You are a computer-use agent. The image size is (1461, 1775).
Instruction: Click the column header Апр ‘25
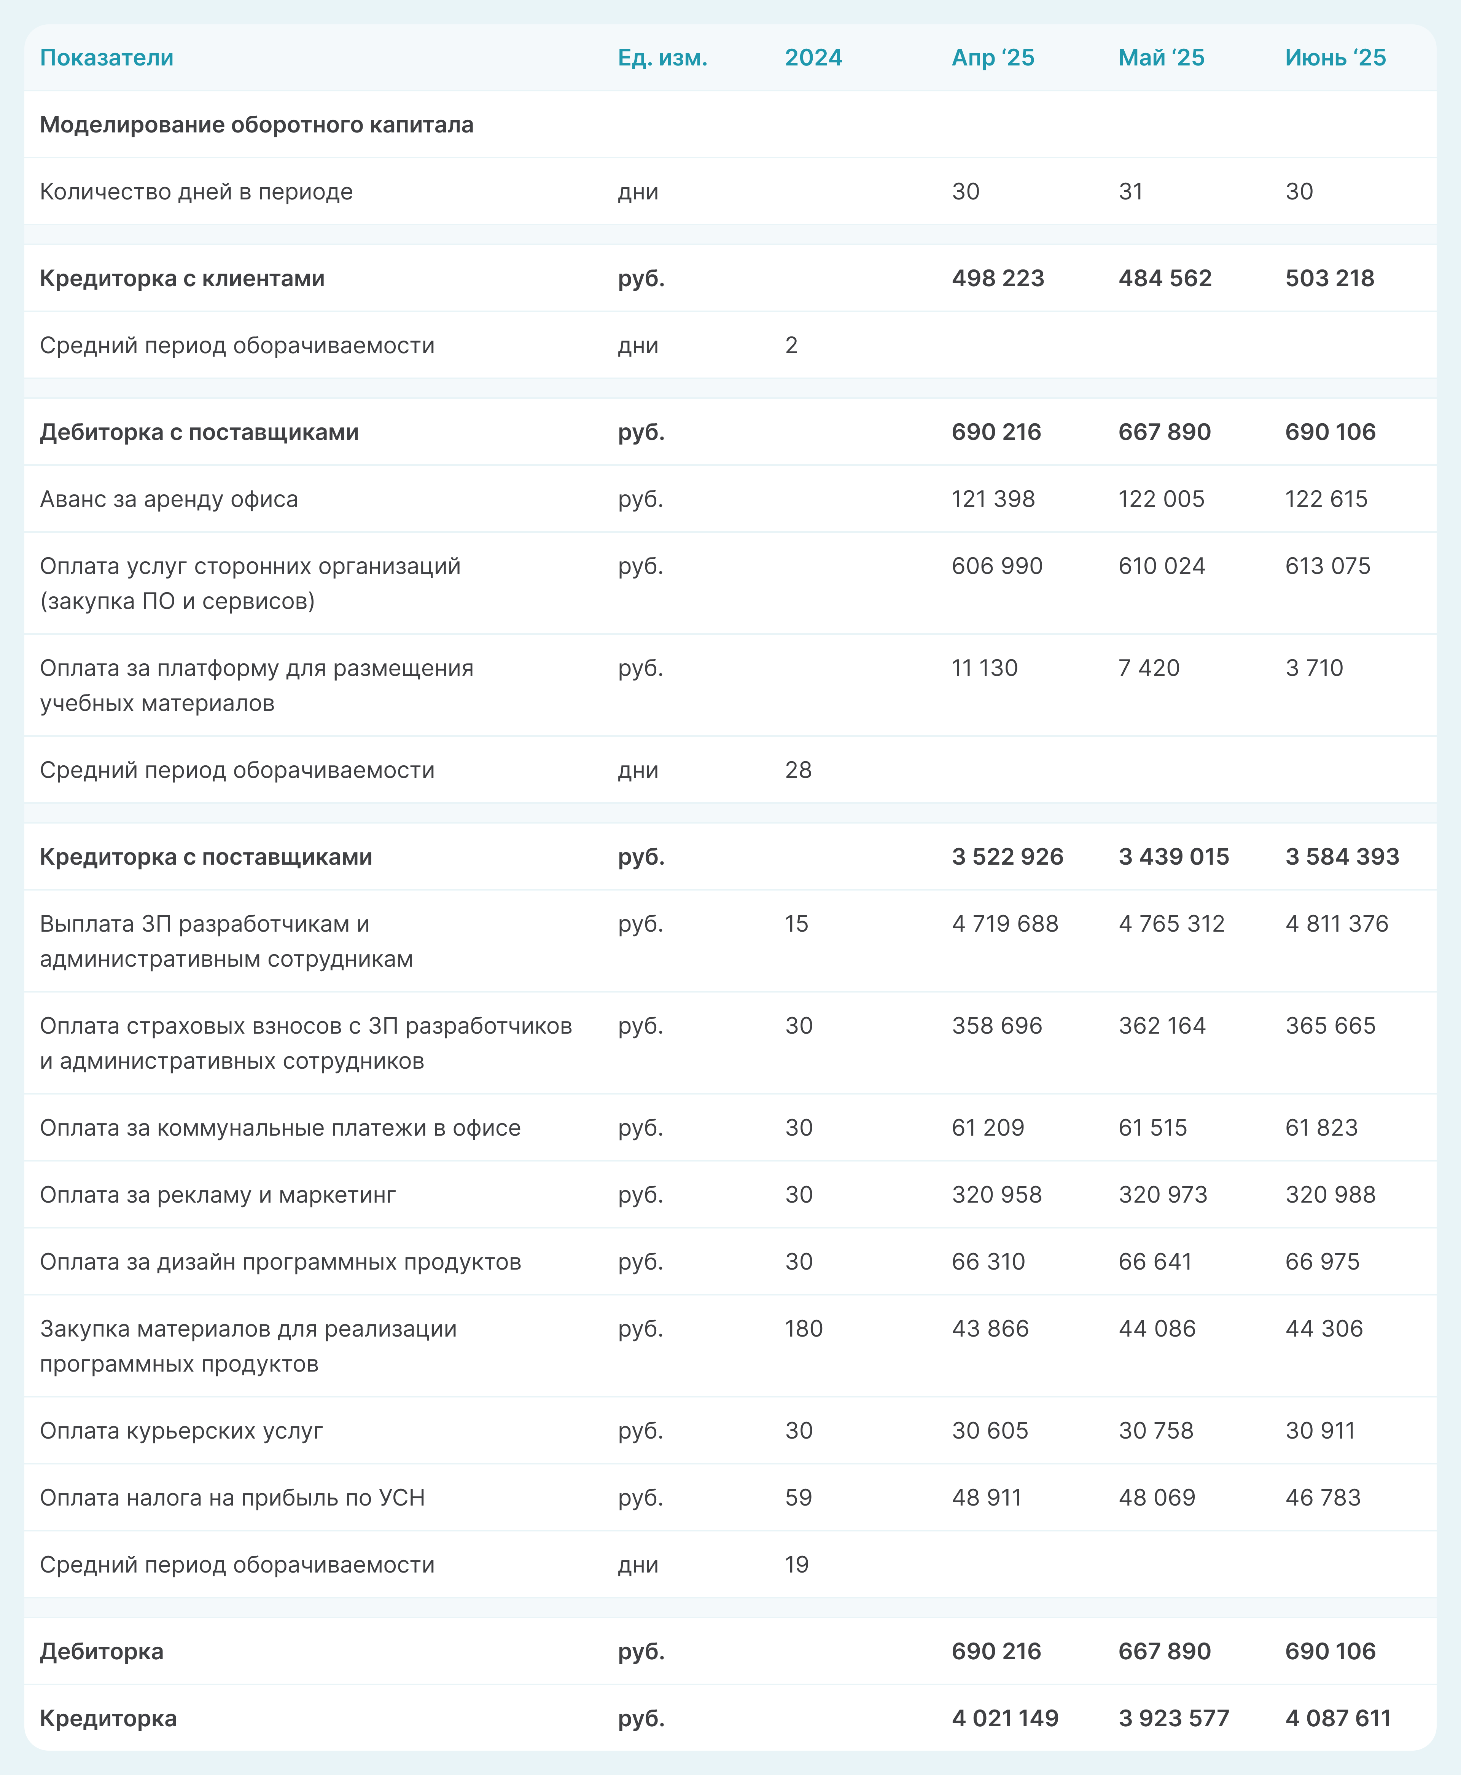pyautogui.click(x=993, y=58)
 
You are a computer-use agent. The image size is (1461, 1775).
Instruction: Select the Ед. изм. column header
pyautogui.click(x=662, y=58)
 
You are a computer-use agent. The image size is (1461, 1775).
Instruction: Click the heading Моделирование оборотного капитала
pyautogui.click(x=257, y=124)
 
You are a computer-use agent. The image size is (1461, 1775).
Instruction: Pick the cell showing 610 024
pyautogui.click(x=1162, y=566)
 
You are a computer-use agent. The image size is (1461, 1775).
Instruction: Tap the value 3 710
pyautogui.click(x=1314, y=668)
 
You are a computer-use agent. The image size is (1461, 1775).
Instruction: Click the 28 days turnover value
pyautogui.click(x=798, y=770)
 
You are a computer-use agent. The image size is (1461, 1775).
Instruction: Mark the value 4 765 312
pyautogui.click(x=1171, y=924)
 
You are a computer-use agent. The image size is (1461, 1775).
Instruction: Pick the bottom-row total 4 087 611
pyautogui.click(x=1338, y=1719)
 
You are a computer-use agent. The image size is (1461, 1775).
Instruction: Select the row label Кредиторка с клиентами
pyautogui.click(x=182, y=279)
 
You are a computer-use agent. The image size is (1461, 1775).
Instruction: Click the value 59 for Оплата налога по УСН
pyautogui.click(x=798, y=1498)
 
